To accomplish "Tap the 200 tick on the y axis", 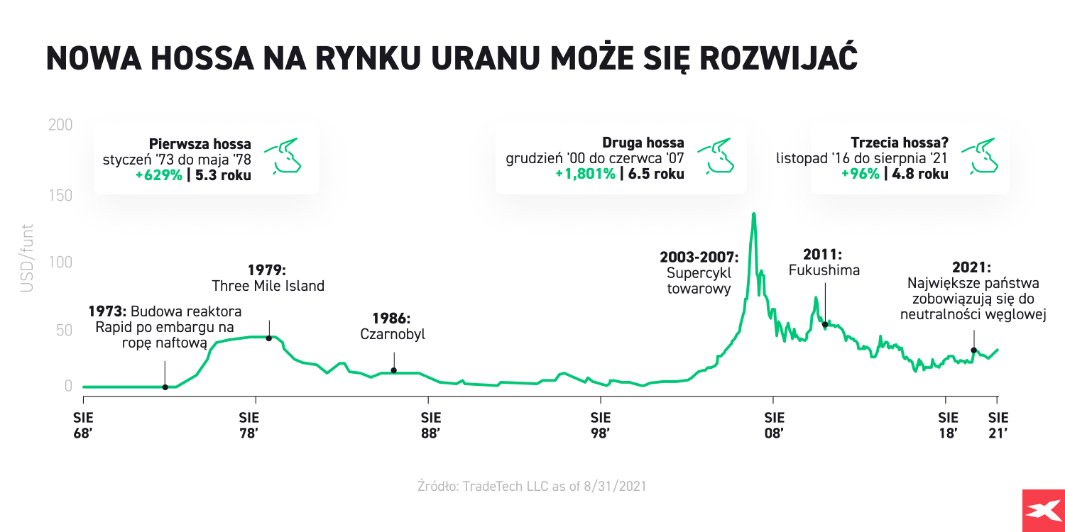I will click(x=60, y=126).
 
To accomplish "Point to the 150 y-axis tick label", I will click(x=60, y=194).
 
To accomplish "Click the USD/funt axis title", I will click(x=27, y=260).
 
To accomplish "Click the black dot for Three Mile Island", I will click(x=269, y=338).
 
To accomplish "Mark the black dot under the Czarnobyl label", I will click(x=393, y=370).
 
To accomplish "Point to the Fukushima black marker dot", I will click(x=824, y=324).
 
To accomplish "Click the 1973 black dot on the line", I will click(x=165, y=387).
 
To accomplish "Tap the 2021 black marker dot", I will click(x=973, y=350).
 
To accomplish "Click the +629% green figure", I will click(x=159, y=174).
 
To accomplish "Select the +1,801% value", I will click(x=585, y=174).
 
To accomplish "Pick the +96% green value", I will click(x=860, y=174).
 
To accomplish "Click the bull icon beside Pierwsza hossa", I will click(x=283, y=156).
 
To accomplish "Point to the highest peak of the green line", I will click(x=753, y=214).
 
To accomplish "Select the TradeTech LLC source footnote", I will click(x=532, y=487).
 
